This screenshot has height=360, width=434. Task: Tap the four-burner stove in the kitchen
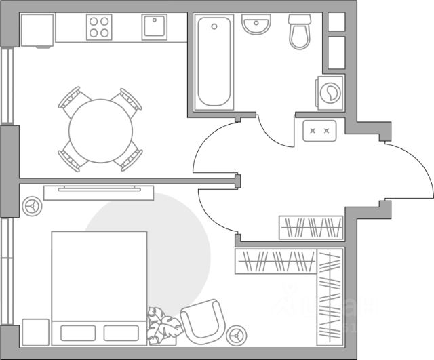coord(100,26)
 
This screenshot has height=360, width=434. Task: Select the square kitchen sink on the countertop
coord(155,28)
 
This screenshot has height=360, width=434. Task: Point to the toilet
coord(299,32)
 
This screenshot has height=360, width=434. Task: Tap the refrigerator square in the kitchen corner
coord(37,29)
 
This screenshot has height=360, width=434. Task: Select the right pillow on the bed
coord(122,333)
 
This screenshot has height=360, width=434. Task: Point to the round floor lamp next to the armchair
coord(237,334)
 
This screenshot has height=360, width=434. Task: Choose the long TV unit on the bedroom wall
coord(98,193)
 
